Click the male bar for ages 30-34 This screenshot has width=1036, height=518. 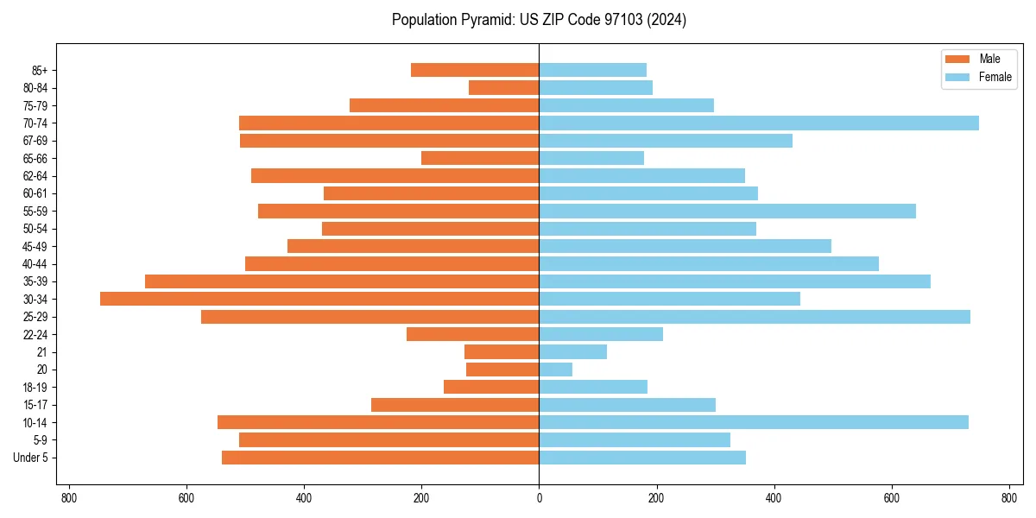pyautogui.click(x=319, y=299)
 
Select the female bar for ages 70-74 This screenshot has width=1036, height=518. pyautogui.click(x=759, y=123)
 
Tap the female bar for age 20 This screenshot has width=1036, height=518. pyautogui.click(x=556, y=370)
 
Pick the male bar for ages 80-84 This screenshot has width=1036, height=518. pyautogui.click(x=504, y=87)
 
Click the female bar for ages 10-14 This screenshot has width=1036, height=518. pyautogui.click(x=754, y=422)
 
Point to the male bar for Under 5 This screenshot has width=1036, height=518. pyautogui.click(x=381, y=458)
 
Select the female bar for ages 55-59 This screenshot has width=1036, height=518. pyautogui.click(x=727, y=211)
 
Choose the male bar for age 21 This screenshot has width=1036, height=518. pyautogui.click(x=502, y=351)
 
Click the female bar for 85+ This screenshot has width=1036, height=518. pyautogui.click(x=592, y=70)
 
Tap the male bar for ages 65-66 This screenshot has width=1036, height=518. pyautogui.click(x=480, y=158)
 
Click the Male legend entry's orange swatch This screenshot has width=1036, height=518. pyautogui.click(x=958, y=59)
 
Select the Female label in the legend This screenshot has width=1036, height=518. pyautogui.click(x=995, y=77)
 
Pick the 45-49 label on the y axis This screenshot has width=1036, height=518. pyautogui.click(x=35, y=246)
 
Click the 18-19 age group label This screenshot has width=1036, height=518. pyautogui.click(x=35, y=387)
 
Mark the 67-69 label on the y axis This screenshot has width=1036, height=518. pyautogui.click(x=35, y=141)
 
